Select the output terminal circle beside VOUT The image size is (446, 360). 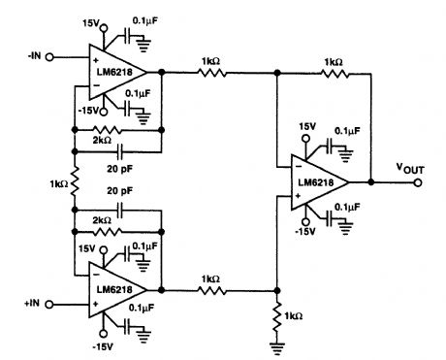419,181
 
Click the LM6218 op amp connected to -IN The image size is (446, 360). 114,71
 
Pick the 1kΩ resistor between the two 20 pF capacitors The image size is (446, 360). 73,181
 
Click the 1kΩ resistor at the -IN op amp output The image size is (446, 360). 206,71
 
